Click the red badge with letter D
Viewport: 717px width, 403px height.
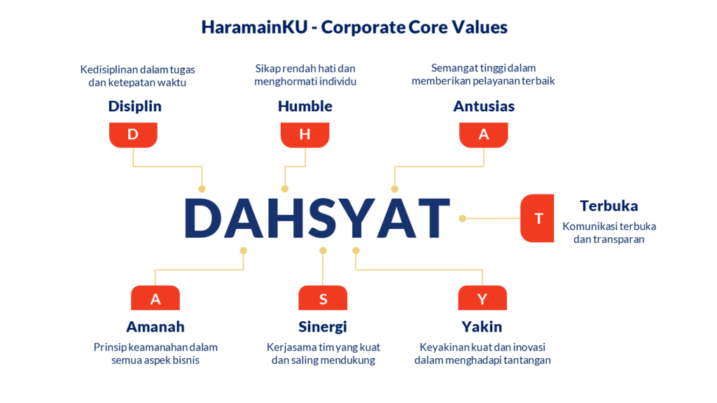coord(133,135)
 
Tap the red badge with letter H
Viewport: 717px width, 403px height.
coord(305,135)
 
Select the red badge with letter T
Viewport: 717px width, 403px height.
coord(537,218)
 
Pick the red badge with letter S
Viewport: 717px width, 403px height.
coord(323,298)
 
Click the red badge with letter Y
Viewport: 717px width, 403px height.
coord(482,298)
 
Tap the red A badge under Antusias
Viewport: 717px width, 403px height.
coord(483,135)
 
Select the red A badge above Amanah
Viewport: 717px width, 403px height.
coord(155,298)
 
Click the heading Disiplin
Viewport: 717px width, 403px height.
coord(135,106)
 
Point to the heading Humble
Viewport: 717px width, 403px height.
coord(305,106)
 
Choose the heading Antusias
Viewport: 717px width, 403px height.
coord(484,106)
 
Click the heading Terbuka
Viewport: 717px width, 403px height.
coord(608,206)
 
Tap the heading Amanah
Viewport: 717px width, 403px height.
coord(155,327)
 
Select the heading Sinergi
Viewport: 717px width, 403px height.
coord(323,327)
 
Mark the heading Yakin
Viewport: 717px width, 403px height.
coord(482,327)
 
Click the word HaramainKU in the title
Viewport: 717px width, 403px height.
coord(255,27)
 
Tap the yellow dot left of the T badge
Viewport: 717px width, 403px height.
coord(462,218)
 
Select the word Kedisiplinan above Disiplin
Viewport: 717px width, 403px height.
coord(109,69)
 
